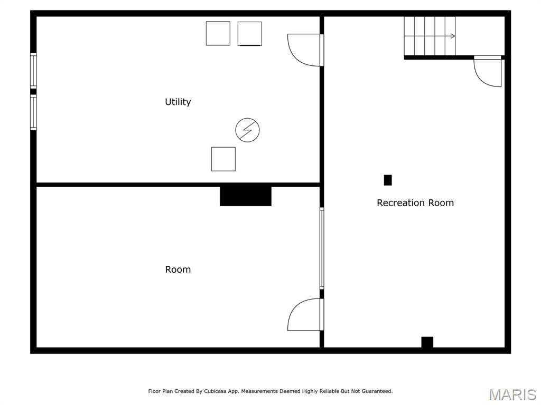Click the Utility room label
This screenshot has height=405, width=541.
click(178, 102)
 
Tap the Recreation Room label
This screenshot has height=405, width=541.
click(415, 203)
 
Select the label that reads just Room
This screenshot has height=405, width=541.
click(178, 269)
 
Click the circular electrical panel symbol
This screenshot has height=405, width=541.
click(247, 130)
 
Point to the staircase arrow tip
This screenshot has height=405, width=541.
click(453, 36)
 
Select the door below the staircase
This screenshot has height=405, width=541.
click(488, 71)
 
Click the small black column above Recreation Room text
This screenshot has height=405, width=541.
click(388, 180)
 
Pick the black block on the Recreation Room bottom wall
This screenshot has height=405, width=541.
click(427, 342)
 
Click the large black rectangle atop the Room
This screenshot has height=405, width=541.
click(245, 196)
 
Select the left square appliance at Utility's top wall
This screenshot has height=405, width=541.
click(218, 33)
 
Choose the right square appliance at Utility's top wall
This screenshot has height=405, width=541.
click(249, 33)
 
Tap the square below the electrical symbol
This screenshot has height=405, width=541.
click(223, 159)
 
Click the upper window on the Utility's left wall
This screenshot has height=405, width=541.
click(33, 71)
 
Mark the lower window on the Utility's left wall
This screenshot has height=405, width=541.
click(33, 112)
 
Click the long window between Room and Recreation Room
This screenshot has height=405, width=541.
click(321, 248)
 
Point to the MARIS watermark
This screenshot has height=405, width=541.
click(512, 394)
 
